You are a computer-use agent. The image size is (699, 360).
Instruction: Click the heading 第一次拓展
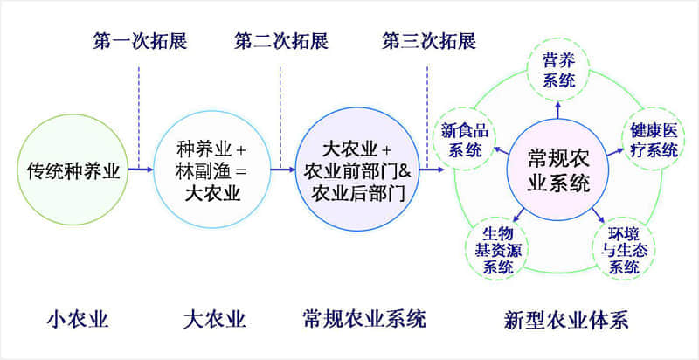140,41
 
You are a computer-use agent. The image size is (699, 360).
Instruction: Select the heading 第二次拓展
281,41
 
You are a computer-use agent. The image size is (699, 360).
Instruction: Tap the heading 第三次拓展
429,41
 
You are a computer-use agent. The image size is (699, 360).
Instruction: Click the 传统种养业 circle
73,170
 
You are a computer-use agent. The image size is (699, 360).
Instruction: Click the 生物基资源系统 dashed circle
496,250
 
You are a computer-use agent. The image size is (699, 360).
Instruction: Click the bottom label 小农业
78,320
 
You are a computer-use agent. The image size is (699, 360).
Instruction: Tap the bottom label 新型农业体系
565,320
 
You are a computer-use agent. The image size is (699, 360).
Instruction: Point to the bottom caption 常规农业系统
363,320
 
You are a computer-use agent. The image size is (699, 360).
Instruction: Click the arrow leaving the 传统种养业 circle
141,170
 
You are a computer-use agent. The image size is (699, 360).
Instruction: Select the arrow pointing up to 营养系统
558,110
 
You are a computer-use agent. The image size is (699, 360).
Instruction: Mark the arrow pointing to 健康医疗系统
616,151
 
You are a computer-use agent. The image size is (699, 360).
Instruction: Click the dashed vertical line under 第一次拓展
139,117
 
